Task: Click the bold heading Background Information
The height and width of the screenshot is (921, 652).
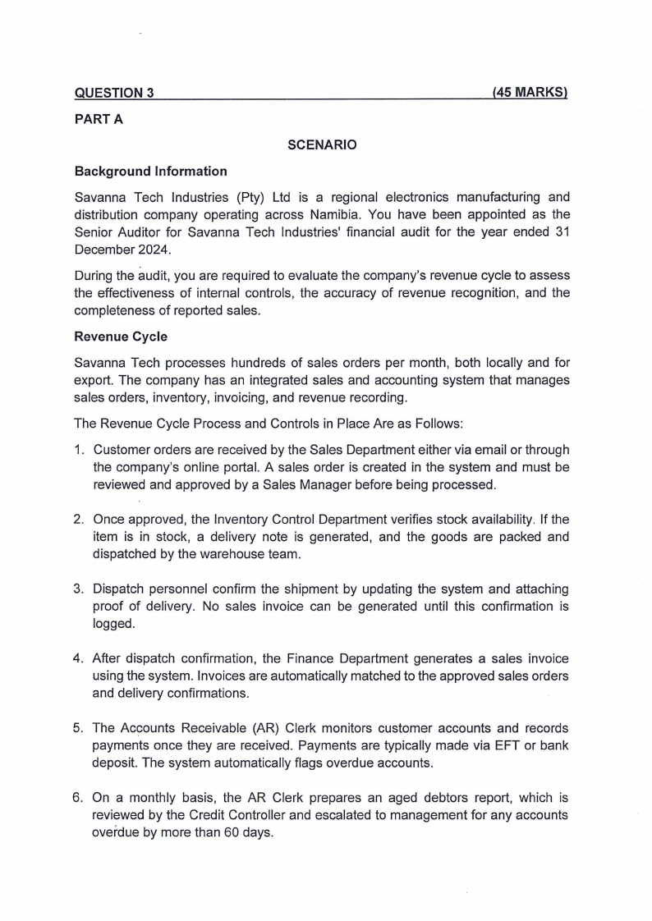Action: [x=150, y=172]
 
